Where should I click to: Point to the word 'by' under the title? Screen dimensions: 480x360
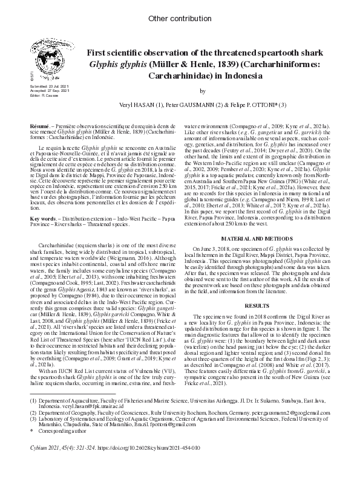pos(203,91)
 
